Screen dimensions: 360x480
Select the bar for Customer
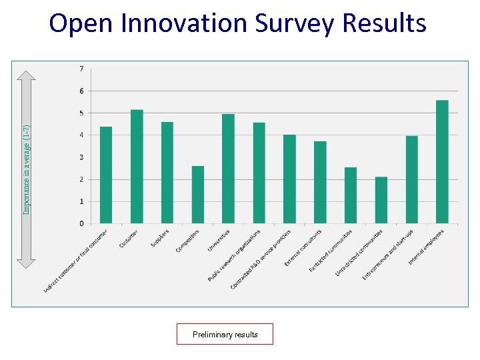(x=137, y=167)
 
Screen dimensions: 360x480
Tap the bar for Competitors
(x=198, y=195)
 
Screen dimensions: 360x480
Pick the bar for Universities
(x=228, y=169)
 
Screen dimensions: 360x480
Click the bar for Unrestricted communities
(x=381, y=200)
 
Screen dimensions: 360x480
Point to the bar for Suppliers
(x=167, y=173)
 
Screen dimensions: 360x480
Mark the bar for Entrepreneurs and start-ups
(x=411, y=179)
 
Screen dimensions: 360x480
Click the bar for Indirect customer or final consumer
(x=106, y=175)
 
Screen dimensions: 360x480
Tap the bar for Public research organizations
(x=259, y=173)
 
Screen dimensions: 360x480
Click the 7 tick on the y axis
(x=81, y=69)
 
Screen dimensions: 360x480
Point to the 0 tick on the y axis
(x=81, y=223)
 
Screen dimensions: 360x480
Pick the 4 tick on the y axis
(x=81, y=135)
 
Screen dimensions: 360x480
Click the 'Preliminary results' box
(x=225, y=334)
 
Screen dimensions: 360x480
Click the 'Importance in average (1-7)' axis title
(x=26, y=170)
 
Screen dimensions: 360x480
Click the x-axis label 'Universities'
(x=219, y=240)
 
